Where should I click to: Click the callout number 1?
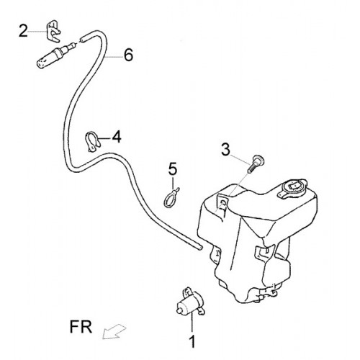pos(192,341)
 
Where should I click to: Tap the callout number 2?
pos(23,31)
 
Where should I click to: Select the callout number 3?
pos(225,149)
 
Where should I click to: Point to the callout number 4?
pos(117,137)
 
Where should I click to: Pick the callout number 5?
pos(173,168)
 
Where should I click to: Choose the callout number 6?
pos(128,55)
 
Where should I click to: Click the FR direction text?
pos(81,327)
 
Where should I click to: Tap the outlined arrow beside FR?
pos(114,331)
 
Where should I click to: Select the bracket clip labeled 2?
pos(53,31)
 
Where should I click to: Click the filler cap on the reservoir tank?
pos(294,187)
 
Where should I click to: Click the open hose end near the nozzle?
pos(82,39)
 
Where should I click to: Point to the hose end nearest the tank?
pos(200,248)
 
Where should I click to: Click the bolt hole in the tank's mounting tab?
pos(223,204)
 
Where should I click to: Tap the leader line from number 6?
pos(114,57)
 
